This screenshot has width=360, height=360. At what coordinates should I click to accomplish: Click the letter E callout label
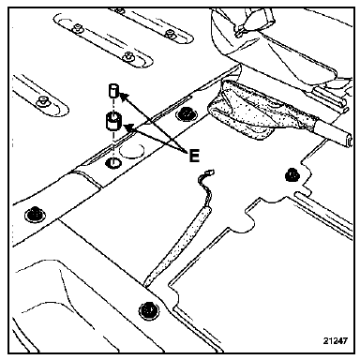pyautogui.click(x=194, y=156)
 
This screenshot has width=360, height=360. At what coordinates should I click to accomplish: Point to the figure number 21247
pyautogui.click(x=335, y=340)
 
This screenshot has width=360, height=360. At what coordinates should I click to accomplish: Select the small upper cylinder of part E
pyautogui.click(x=112, y=90)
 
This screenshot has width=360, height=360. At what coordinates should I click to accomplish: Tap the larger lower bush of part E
pyautogui.click(x=112, y=121)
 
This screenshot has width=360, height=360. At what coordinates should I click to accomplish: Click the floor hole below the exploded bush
pyautogui.click(x=113, y=162)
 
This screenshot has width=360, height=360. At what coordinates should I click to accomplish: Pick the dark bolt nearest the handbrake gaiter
pyautogui.click(x=187, y=113)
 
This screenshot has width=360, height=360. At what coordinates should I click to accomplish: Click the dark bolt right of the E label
pyautogui.click(x=292, y=174)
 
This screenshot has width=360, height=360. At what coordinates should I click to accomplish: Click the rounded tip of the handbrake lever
pyautogui.click(x=349, y=140)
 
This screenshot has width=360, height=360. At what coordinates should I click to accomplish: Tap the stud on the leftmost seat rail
pyautogui.click(x=41, y=100)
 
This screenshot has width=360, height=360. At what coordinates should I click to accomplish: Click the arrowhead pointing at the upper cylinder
pyautogui.click(x=122, y=95)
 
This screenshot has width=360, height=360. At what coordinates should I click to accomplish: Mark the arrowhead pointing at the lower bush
pyautogui.click(x=127, y=127)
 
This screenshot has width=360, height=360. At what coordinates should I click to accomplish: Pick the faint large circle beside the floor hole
pyautogui.click(x=131, y=150)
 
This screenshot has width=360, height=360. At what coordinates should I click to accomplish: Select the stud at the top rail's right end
pyautogui.click(x=171, y=33)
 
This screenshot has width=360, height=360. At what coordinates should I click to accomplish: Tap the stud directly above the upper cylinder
pyautogui.click(x=127, y=56)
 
